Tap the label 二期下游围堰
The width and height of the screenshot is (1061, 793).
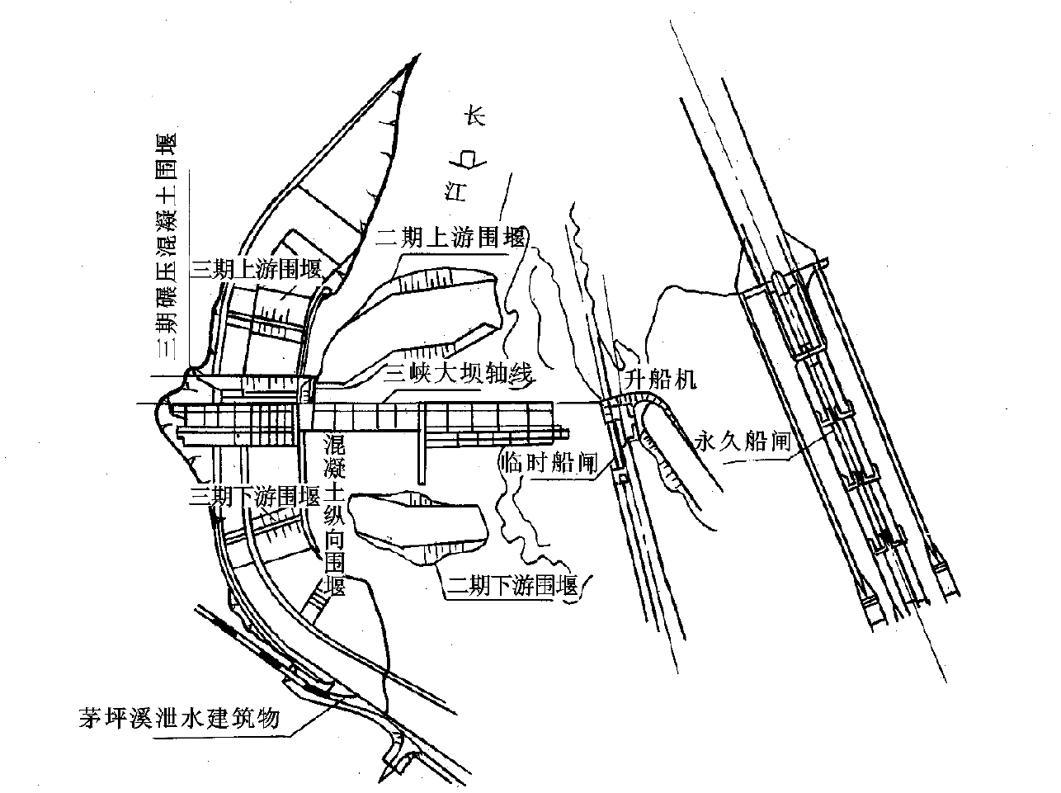click(x=511, y=587)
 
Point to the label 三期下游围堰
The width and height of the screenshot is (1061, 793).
click(x=255, y=497)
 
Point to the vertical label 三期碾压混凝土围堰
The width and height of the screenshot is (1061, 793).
click(x=168, y=248)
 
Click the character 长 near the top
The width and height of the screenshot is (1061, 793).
click(x=474, y=116)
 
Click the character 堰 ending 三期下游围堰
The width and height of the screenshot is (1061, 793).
click(x=310, y=497)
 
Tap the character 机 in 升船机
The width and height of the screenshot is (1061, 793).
click(x=688, y=380)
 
